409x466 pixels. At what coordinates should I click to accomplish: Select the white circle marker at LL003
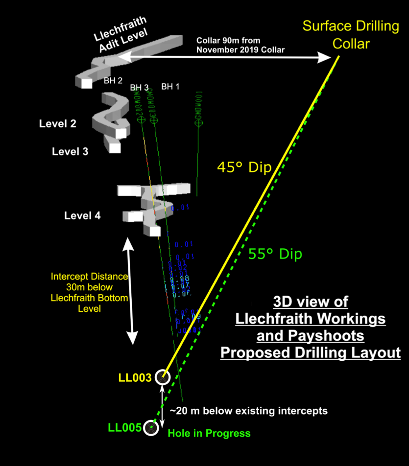click(x=162, y=377)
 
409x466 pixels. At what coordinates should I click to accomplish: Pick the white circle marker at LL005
click(x=151, y=428)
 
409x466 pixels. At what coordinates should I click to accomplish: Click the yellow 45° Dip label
click(x=244, y=167)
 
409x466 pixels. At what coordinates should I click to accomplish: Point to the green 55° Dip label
click(x=275, y=254)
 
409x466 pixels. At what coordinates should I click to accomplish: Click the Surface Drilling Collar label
click(x=351, y=34)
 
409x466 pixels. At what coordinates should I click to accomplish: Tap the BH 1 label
click(x=170, y=87)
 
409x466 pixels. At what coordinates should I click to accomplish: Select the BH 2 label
click(x=113, y=81)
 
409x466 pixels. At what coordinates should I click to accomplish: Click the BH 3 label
click(x=139, y=88)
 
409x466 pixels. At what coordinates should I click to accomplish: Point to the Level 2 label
click(x=58, y=124)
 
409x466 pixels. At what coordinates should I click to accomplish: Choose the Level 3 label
click(x=70, y=152)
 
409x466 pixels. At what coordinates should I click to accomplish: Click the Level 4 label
click(x=82, y=215)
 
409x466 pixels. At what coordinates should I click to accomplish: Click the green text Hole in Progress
click(x=209, y=433)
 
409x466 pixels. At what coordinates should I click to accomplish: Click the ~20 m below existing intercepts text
click(x=248, y=411)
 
